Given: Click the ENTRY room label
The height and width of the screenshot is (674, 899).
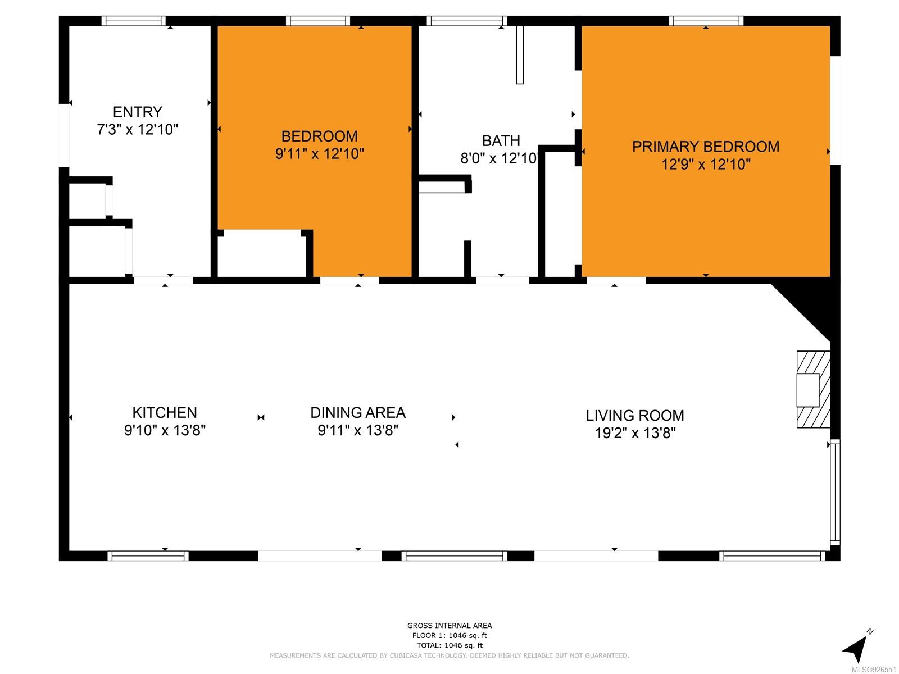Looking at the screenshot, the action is click(137, 112).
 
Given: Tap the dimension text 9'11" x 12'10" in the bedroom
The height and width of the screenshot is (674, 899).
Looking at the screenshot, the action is click(320, 154).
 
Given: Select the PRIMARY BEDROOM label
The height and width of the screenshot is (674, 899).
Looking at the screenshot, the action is click(705, 147).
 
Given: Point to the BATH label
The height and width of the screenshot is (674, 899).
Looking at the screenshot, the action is click(501, 141).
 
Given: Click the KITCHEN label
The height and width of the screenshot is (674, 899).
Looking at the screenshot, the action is click(165, 412).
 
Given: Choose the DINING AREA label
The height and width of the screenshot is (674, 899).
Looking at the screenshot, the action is click(357, 412).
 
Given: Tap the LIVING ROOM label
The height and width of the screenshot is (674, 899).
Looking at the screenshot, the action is click(634, 416).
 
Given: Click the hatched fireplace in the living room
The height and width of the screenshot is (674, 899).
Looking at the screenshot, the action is click(812, 389).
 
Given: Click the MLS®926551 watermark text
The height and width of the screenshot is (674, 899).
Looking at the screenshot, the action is click(874, 670).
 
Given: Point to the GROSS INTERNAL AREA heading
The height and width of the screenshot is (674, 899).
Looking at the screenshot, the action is click(449, 625).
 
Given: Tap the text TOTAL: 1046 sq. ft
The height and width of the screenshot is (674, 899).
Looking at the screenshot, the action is click(449, 645).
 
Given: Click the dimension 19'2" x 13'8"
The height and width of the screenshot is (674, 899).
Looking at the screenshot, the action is click(635, 433).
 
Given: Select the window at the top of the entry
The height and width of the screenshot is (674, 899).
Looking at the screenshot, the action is click(134, 21).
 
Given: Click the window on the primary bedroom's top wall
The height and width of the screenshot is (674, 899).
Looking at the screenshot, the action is click(706, 21).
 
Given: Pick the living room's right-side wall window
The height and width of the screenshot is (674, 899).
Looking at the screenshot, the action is click(835, 493).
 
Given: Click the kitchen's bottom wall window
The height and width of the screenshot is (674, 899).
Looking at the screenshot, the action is click(148, 555).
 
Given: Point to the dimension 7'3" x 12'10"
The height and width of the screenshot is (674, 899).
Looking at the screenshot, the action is click(138, 130).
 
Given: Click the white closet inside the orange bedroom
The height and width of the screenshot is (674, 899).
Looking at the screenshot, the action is click(262, 253).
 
